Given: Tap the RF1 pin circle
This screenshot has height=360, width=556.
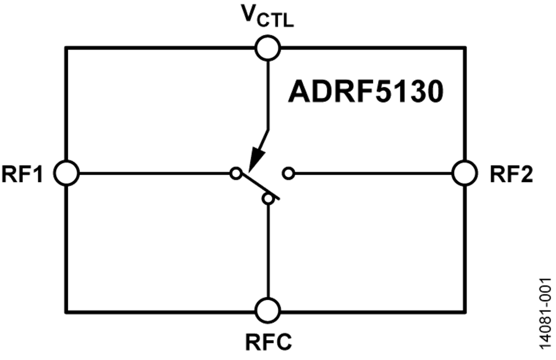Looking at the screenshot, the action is [x=66, y=173].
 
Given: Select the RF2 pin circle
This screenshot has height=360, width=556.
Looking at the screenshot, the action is [x=464, y=173].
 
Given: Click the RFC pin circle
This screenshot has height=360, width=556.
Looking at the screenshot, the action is [x=267, y=311].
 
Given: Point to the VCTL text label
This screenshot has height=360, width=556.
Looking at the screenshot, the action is [x=267, y=16].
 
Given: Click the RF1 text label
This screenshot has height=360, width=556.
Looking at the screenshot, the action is [x=22, y=174].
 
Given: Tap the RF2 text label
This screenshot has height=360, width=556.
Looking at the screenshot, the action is [x=512, y=174].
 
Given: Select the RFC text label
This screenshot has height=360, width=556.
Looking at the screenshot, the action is [x=269, y=342].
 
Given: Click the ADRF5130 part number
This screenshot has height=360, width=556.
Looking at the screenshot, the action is [x=366, y=92].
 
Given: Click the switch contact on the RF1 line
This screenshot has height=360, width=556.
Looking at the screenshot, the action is [x=235, y=174].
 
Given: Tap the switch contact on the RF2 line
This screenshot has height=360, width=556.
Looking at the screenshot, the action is [x=289, y=174].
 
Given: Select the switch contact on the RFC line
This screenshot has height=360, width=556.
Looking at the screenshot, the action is [x=268, y=199].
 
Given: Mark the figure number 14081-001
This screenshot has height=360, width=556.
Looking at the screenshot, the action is [x=545, y=314].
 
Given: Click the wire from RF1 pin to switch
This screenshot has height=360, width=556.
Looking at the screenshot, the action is [x=154, y=174].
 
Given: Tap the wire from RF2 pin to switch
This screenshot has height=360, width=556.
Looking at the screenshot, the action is [x=373, y=174].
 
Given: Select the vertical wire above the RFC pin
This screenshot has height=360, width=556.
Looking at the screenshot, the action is [x=268, y=251].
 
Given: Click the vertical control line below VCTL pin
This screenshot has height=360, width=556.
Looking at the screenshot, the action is [x=267, y=95].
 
